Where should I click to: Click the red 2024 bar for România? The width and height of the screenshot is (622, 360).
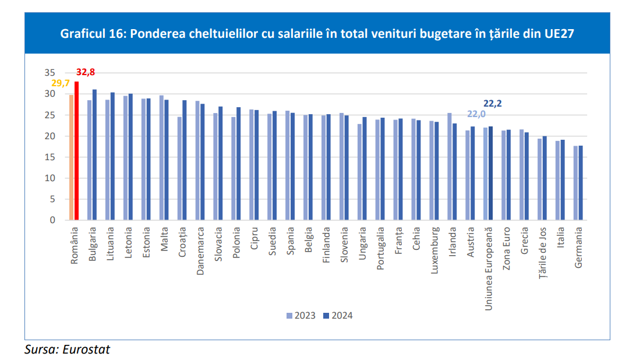76,151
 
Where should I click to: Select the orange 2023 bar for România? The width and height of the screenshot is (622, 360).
72,157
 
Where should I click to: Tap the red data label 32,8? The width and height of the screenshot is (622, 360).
86,72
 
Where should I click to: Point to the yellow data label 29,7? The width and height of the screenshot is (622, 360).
61,83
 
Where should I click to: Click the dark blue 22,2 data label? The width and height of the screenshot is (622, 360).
493,104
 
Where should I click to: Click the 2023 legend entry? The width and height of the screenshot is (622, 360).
301,316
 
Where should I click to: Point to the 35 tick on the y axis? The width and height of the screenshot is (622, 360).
50,73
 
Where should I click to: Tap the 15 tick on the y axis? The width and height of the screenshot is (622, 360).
50,157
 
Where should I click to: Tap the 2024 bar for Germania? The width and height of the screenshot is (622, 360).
581,183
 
